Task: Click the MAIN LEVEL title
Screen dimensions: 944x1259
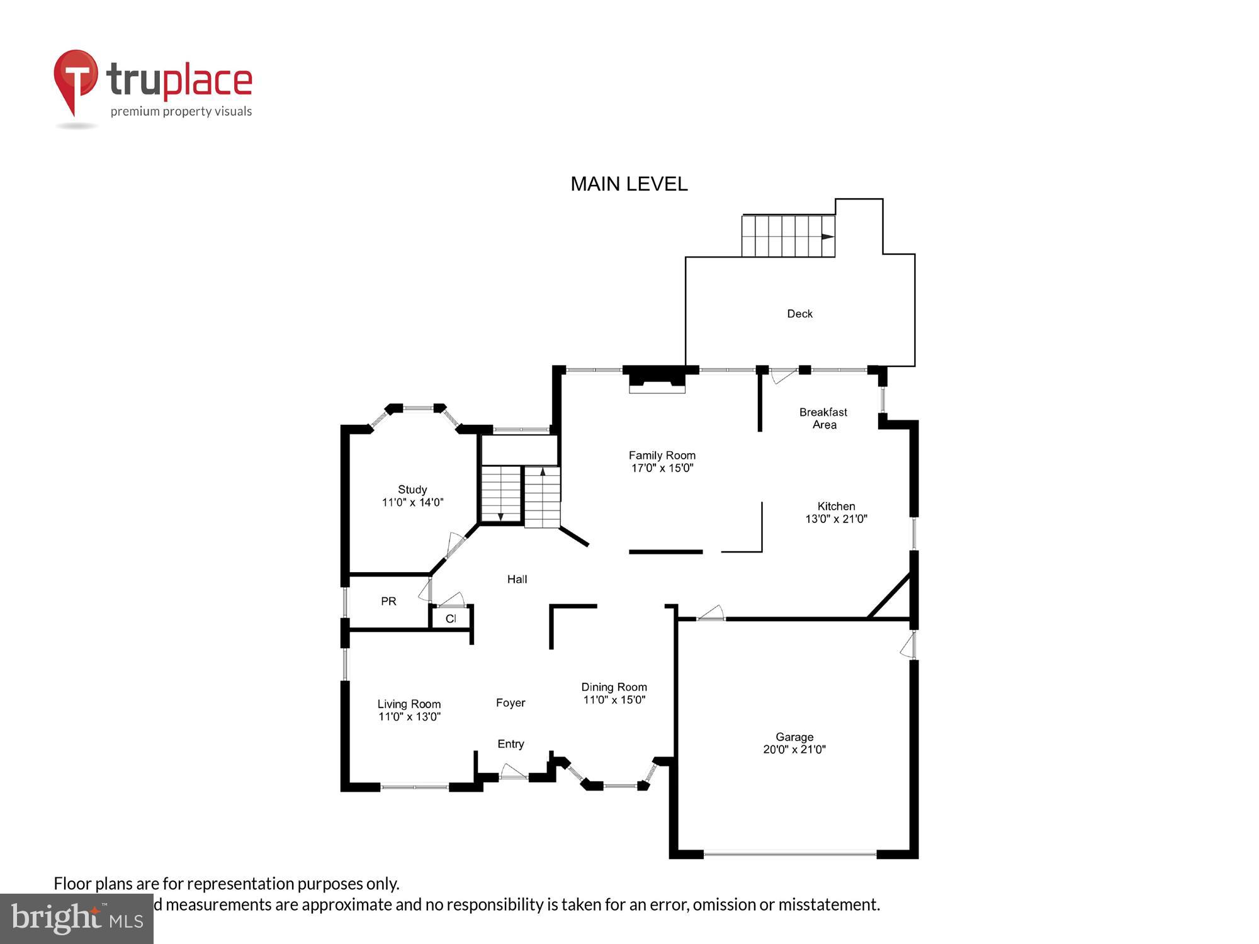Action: coord(629,184)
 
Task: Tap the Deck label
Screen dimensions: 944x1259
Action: coord(799,313)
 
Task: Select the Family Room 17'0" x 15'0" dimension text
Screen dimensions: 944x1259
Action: coord(662,468)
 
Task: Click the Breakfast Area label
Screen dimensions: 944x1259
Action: coord(823,419)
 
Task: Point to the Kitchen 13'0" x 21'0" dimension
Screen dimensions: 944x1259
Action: coord(836,519)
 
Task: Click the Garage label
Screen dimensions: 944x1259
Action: coord(794,736)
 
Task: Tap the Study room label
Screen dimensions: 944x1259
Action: coord(412,490)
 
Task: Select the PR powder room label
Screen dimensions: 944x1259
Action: coord(388,602)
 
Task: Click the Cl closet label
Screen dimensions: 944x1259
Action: coord(451,619)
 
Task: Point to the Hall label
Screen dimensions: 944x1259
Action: coord(517,579)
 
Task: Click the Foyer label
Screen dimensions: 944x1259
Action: coord(510,703)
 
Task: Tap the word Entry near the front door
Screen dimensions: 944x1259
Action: coord(511,744)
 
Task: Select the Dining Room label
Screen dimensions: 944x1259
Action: coord(614,687)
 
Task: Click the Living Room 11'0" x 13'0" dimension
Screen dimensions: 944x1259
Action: coord(409,717)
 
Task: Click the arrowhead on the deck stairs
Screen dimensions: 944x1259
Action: coord(828,237)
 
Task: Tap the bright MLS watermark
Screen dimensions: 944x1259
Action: coord(77,919)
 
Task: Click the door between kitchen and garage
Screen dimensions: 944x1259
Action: coord(711,614)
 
